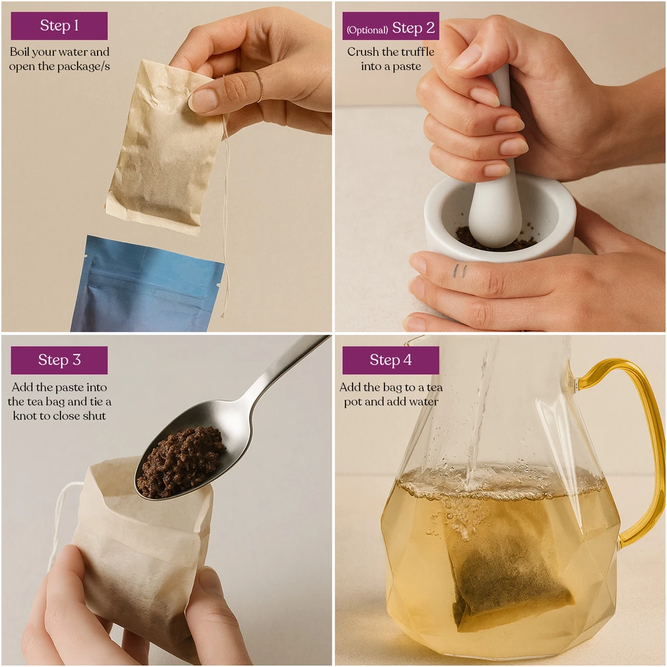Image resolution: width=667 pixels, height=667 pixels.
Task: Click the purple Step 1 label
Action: [59, 25]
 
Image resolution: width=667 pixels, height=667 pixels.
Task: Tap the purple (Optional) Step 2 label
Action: [390, 26]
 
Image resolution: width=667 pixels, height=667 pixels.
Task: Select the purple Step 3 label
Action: [59, 360]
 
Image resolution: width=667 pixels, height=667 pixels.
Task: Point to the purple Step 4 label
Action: [390, 360]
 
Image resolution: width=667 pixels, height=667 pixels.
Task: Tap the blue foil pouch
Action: [147, 284]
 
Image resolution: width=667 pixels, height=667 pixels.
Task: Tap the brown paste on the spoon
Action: [180, 461]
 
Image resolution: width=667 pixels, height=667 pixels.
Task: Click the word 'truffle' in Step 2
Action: [418, 52]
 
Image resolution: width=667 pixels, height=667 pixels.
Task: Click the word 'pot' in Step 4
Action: [353, 402]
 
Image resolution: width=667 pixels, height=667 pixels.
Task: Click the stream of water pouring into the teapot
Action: [481, 421]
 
